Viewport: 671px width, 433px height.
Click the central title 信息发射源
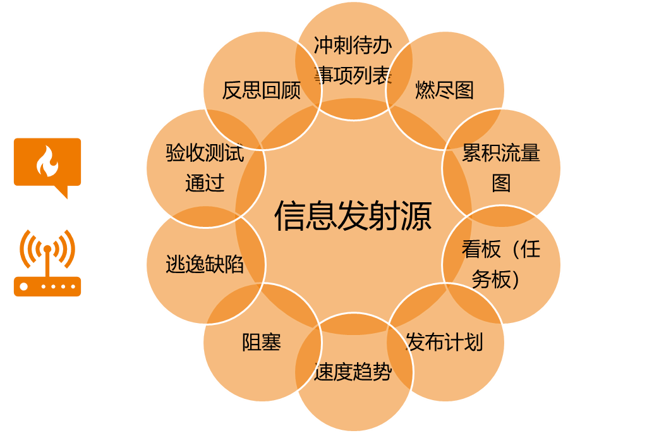353,216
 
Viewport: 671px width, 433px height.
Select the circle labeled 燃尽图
445,90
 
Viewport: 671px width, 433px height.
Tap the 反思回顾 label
261,90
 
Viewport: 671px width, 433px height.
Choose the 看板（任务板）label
501,264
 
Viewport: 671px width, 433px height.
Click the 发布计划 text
445,342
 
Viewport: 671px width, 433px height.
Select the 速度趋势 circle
353,372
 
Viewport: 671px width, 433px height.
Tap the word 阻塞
261,342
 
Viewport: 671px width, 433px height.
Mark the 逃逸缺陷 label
205,264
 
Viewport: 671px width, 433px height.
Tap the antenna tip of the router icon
47,248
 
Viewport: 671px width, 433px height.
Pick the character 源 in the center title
416,216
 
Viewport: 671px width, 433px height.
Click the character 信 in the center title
289,216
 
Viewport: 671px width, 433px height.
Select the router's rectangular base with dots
47,286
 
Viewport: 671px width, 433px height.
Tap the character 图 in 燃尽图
464,90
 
